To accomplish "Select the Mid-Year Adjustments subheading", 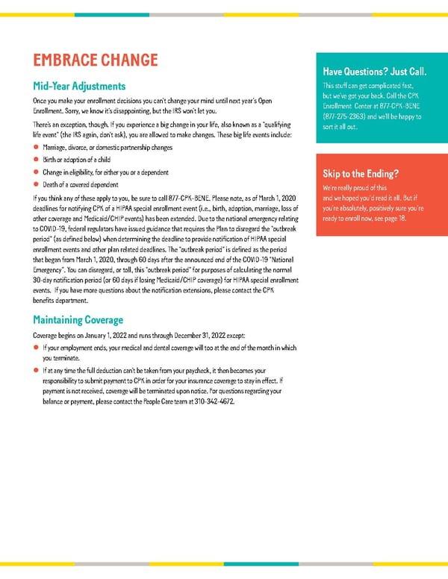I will (78, 87).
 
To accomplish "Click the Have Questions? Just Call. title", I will (374, 72).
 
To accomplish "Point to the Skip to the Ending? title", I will (360, 174).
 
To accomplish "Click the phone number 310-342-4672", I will (214, 401).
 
